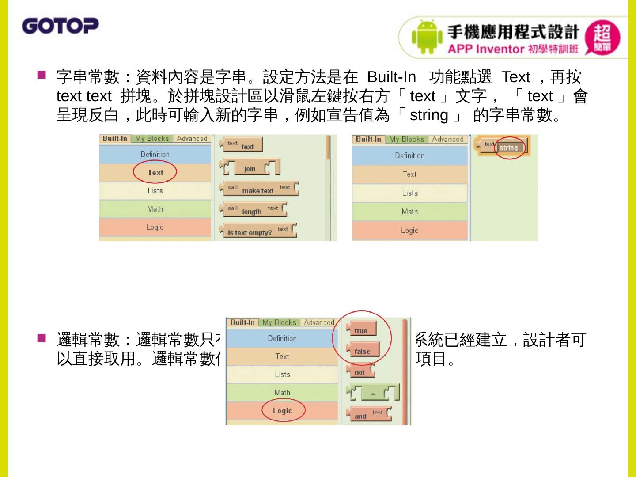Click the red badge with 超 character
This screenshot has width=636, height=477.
point(602,38)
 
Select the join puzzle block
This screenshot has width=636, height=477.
point(250,168)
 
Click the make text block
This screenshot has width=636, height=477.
point(259,189)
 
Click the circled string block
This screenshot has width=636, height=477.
point(509,148)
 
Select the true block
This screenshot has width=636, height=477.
point(361,329)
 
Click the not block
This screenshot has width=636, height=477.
point(360,371)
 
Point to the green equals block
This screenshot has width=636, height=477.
point(373,393)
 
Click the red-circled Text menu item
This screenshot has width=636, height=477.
point(155,173)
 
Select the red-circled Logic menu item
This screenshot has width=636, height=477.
point(283,411)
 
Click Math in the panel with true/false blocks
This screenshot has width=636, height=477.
point(282,393)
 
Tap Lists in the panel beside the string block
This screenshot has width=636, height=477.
point(409,193)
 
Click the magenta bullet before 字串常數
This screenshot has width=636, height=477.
point(42,75)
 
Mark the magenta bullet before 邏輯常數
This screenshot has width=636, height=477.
point(42,338)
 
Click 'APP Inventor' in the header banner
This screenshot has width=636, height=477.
point(485,49)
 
